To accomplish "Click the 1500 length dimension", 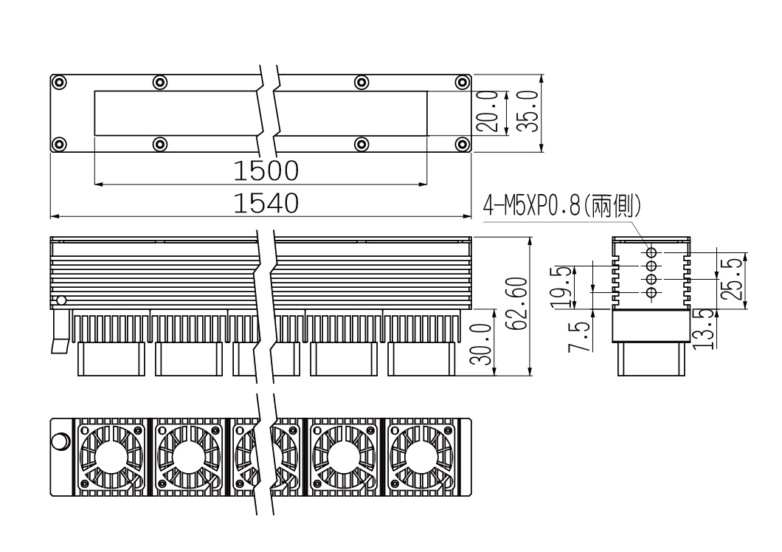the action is click(x=266, y=170).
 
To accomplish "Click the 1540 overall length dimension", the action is click(x=266, y=204).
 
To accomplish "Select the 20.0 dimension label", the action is click(x=488, y=111).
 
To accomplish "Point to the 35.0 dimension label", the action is click(x=527, y=111).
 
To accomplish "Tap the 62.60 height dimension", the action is click(x=516, y=303).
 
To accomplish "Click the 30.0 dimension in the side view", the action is click(x=481, y=343).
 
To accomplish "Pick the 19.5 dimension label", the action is click(x=561, y=287).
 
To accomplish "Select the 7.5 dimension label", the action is click(x=579, y=337).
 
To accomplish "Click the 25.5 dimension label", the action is click(x=732, y=278).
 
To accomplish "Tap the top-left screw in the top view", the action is click(x=59, y=83).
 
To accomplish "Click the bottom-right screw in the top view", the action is click(x=463, y=145).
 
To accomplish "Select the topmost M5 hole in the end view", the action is click(x=651, y=252).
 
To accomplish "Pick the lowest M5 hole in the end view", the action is click(x=651, y=292).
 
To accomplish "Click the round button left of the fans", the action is click(x=60, y=443).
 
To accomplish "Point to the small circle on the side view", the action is click(x=61, y=300).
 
